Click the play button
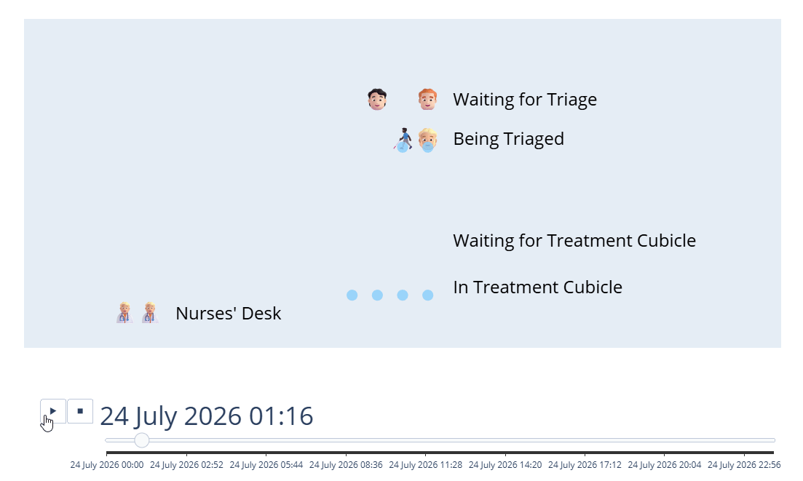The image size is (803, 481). (53, 411)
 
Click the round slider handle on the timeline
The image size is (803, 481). (142, 440)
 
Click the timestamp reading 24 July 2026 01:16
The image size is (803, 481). (207, 416)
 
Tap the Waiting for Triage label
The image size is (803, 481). (524, 100)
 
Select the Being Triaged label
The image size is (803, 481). (508, 139)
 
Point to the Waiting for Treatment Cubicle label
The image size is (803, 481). (574, 241)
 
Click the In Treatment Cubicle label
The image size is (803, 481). (537, 287)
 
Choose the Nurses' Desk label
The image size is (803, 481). (228, 314)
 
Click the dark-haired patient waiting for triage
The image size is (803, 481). (376, 100)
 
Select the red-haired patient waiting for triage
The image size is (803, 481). (427, 100)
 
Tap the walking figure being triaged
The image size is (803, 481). (403, 139)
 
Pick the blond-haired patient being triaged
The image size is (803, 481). (427, 139)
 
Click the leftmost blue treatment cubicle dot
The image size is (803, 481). (352, 295)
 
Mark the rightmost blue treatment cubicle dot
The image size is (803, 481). (428, 295)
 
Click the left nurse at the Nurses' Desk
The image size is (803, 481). (124, 313)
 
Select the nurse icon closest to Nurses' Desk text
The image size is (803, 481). (149, 313)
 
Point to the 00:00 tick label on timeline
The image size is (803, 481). (107, 465)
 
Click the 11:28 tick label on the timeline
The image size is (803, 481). (425, 465)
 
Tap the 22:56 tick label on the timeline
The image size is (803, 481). (744, 465)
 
